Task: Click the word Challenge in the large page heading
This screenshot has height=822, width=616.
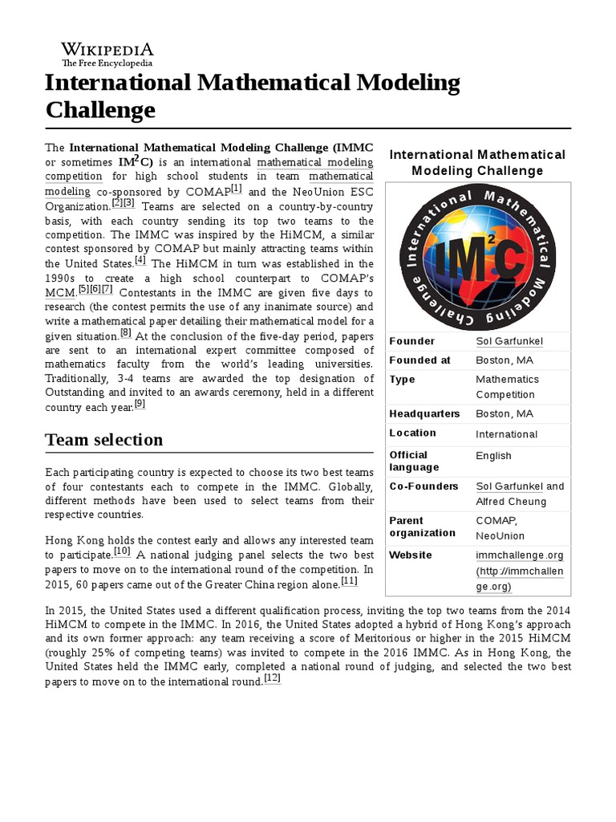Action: [x=100, y=109]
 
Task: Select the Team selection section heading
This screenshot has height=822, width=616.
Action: [x=104, y=439]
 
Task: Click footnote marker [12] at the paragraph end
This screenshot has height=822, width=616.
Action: [x=272, y=678]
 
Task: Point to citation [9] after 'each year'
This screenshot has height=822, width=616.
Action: [x=140, y=404]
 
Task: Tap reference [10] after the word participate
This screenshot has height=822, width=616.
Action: [x=122, y=551]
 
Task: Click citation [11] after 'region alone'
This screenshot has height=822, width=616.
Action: [x=349, y=581]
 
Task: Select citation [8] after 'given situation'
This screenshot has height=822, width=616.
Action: [x=126, y=333]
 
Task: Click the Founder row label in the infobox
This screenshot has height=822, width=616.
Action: [x=412, y=341]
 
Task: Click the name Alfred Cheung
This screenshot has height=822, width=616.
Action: [x=511, y=502]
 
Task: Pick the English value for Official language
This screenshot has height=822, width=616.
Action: [x=493, y=456]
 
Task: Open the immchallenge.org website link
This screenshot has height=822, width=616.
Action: [x=518, y=555]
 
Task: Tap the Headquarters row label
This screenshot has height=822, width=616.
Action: [x=424, y=413]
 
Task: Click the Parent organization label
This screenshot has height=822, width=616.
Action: [x=422, y=527]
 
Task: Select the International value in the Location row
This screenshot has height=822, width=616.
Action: [x=506, y=434]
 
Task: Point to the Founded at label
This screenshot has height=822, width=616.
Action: [x=419, y=360]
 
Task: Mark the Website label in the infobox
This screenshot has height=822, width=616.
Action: [x=411, y=555]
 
